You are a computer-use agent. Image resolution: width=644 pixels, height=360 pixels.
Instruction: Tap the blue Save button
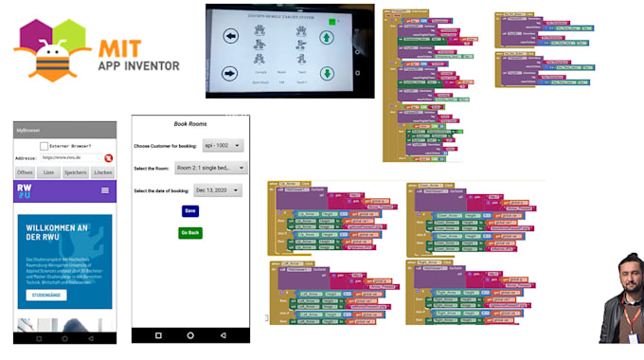point(190,210)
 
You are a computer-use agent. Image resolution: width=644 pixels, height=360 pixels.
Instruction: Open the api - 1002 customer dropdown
point(223,145)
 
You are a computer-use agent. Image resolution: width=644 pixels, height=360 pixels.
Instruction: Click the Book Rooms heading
point(190,124)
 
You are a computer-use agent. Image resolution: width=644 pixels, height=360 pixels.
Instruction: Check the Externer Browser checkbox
point(45,145)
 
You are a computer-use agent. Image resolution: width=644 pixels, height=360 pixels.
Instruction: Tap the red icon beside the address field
point(109,158)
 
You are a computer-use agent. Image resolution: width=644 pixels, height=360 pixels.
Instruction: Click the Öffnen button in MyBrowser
point(26,172)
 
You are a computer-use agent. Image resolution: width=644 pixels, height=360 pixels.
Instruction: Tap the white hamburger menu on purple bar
point(105,190)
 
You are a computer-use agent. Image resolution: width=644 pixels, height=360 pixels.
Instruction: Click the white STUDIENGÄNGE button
point(46,295)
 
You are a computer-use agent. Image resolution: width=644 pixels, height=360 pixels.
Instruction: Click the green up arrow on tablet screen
point(327,38)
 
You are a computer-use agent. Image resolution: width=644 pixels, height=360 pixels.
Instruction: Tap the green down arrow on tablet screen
point(327,74)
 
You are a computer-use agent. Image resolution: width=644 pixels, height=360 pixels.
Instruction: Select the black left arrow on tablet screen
point(230,37)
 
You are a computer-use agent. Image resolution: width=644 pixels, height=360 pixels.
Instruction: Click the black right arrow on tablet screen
point(230,73)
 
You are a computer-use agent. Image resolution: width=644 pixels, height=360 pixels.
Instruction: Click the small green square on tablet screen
point(332,20)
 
